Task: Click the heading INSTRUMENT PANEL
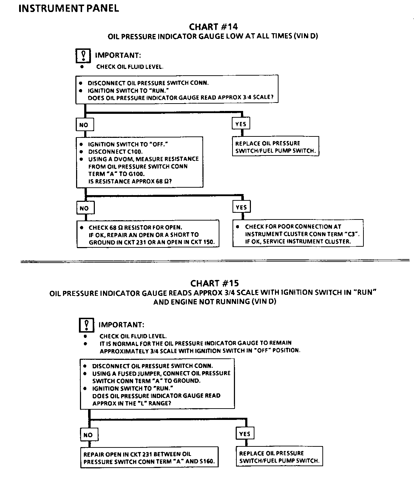point(69,8)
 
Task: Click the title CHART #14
point(213,27)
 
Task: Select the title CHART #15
point(214,283)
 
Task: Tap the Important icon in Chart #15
point(87,325)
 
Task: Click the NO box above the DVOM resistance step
point(84,125)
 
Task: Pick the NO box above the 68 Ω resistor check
point(84,208)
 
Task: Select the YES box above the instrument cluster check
point(241,207)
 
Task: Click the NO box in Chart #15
point(88,435)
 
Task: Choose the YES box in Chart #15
point(245,434)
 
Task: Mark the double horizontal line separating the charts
point(215,261)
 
